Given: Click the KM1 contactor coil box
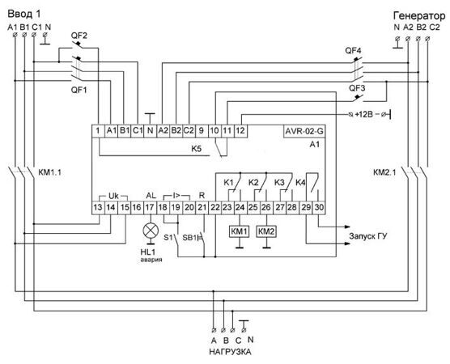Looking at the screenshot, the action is [240, 232].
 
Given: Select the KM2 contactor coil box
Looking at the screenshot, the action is [266, 232].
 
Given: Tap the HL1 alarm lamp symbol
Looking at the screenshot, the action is [151, 231].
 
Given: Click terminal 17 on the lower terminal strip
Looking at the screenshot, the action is [150, 208].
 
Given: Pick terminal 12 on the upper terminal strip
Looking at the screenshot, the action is [240, 131].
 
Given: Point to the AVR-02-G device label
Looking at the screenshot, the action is [304, 131].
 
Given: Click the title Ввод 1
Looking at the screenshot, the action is [24, 14].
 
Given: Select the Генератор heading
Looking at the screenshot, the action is [419, 16].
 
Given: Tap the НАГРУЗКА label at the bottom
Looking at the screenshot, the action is [230, 352].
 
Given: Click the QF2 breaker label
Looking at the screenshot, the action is [79, 36].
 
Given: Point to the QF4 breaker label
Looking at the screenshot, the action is [353, 51].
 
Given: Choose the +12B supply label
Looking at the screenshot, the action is [363, 114].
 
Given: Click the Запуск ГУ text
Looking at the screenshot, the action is [368, 236].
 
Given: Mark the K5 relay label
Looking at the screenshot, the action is [197, 149].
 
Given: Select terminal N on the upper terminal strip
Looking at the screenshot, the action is [150, 131].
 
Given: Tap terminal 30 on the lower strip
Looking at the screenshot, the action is [319, 208].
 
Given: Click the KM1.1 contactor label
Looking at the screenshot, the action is [49, 172].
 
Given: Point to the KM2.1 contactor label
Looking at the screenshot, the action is [384, 172].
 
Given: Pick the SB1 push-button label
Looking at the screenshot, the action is [189, 238].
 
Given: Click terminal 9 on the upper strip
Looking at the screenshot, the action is [202, 131].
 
